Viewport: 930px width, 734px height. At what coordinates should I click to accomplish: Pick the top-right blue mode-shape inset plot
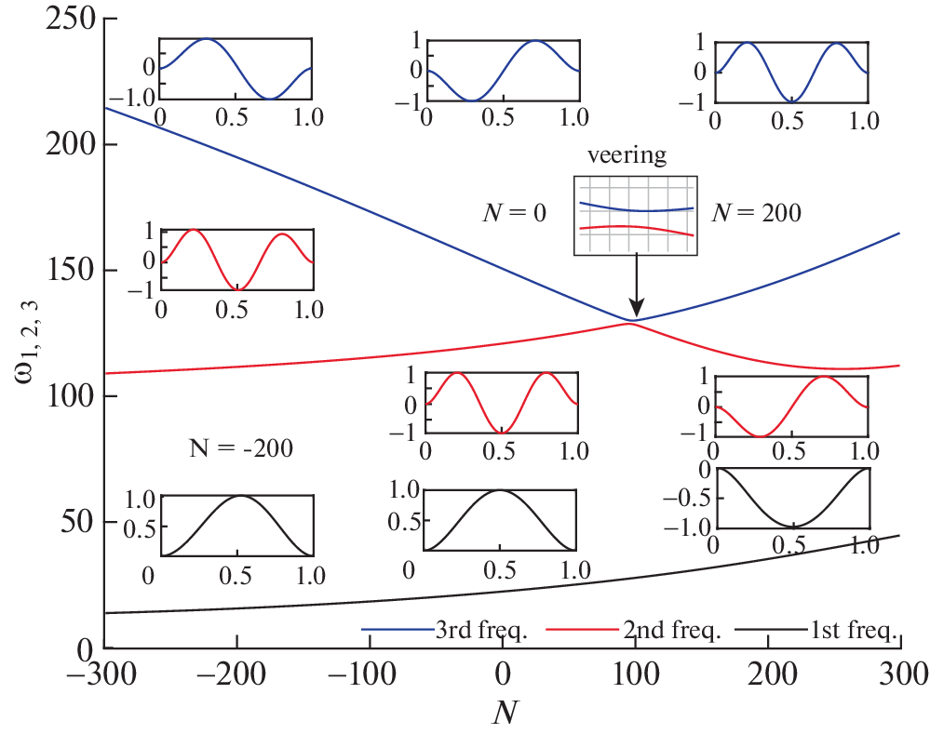(792, 71)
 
